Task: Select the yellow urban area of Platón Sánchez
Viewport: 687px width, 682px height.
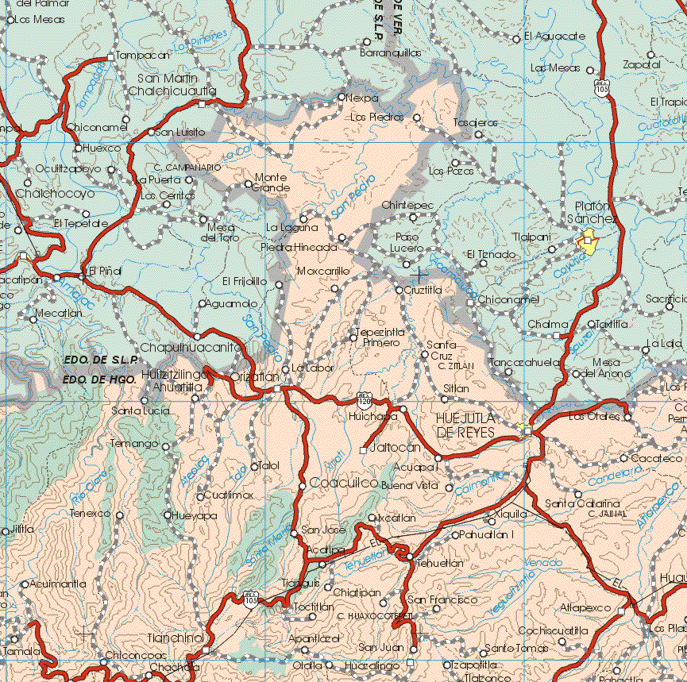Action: [x=589, y=242]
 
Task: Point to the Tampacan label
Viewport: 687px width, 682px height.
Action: [x=142, y=56]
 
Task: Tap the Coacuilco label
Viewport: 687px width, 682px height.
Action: [x=344, y=483]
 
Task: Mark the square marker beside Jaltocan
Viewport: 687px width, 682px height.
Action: [x=363, y=450]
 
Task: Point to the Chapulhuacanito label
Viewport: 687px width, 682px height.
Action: [x=191, y=348]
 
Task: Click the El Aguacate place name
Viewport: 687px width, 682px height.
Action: [x=555, y=37]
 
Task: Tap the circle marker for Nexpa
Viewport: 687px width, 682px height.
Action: [x=342, y=98]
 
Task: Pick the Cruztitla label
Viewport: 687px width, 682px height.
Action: [x=423, y=290]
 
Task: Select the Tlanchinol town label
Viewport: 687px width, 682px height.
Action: [x=176, y=638]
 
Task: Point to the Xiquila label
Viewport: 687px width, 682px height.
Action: [x=510, y=514]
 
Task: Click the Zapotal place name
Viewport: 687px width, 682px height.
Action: [x=643, y=64]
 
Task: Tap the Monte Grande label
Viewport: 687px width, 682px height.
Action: [x=271, y=182]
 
